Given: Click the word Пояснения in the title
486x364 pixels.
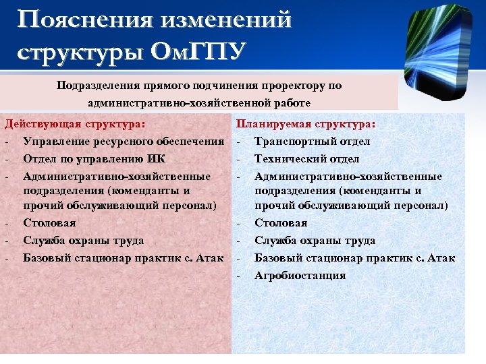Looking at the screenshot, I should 83,20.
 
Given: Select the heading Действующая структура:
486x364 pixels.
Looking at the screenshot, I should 75,124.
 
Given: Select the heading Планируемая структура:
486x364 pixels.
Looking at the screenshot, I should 306,124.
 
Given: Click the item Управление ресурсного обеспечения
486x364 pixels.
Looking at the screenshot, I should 124,142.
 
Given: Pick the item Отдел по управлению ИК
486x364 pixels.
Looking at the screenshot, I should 94,159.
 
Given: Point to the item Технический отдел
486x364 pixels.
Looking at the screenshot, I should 306,159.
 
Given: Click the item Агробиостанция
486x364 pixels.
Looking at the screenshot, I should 300,275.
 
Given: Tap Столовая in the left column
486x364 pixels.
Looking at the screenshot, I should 49,222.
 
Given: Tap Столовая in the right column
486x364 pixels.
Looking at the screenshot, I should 281,222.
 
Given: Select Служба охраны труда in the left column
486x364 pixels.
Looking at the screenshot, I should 83,240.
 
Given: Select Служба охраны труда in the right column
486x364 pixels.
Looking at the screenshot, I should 315,241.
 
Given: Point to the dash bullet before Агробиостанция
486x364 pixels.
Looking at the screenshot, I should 238,275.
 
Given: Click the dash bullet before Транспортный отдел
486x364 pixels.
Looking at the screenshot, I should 238,142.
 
